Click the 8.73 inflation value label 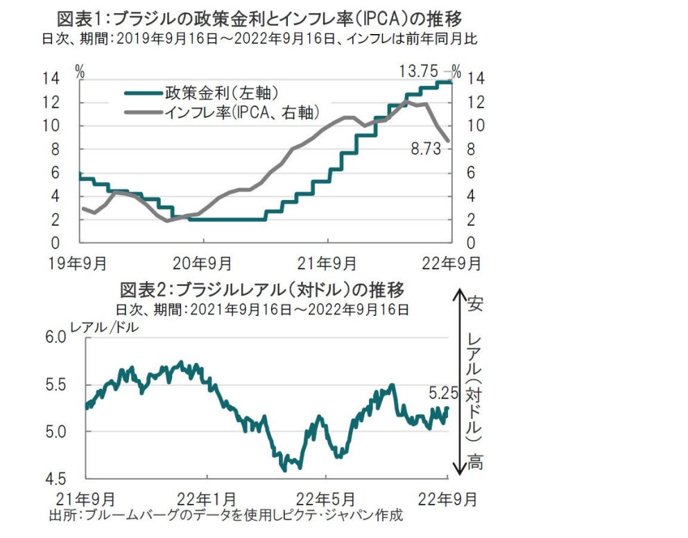[426, 148]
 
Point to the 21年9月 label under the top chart [327, 264]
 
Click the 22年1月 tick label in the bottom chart [207, 498]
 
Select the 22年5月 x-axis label [326, 498]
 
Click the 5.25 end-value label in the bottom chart [445, 393]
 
